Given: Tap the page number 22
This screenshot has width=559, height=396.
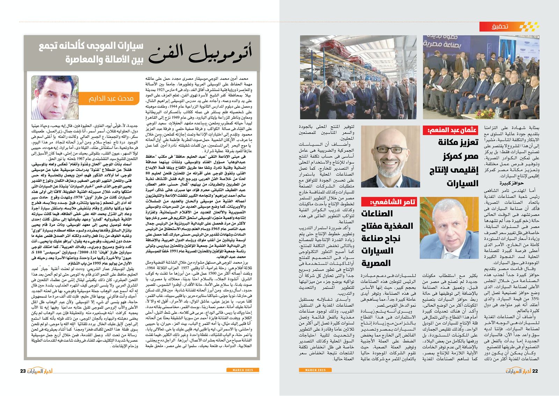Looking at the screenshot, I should [x=535, y=371].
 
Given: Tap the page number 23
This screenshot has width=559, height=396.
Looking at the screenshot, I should [x=23, y=371].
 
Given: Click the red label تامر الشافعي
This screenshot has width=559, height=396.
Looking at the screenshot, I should [x=389, y=202].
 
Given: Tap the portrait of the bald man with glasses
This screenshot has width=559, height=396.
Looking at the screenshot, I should [x=391, y=156].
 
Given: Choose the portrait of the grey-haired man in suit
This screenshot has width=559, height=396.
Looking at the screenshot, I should [x=449, y=227].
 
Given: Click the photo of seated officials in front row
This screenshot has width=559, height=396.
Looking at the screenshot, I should [x=481, y=77].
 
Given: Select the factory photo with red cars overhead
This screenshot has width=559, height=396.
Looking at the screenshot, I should [x=358, y=77].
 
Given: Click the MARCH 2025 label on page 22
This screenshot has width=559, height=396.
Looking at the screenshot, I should [x=315, y=370].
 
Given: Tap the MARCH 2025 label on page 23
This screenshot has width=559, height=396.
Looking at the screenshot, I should [x=242, y=370].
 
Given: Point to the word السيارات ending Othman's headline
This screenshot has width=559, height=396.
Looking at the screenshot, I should [x=462, y=184].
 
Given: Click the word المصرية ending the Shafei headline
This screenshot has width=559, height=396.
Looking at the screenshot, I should [x=376, y=263].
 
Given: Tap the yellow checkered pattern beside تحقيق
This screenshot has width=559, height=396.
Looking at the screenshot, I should [x=529, y=27].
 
